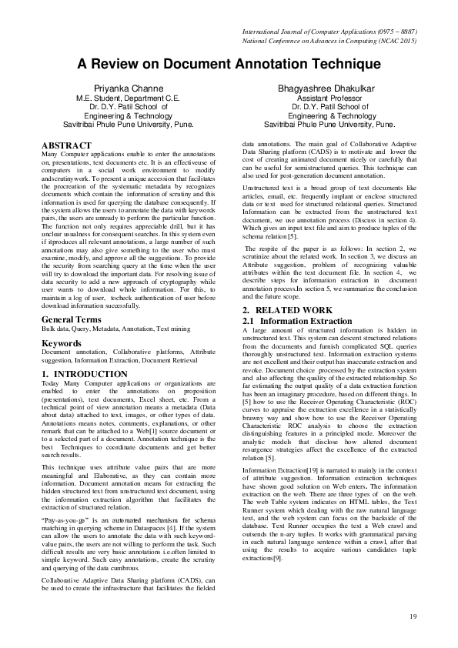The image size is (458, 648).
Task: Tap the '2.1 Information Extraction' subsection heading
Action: (x=296, y=320)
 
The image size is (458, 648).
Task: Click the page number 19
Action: (x=412, y=616)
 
